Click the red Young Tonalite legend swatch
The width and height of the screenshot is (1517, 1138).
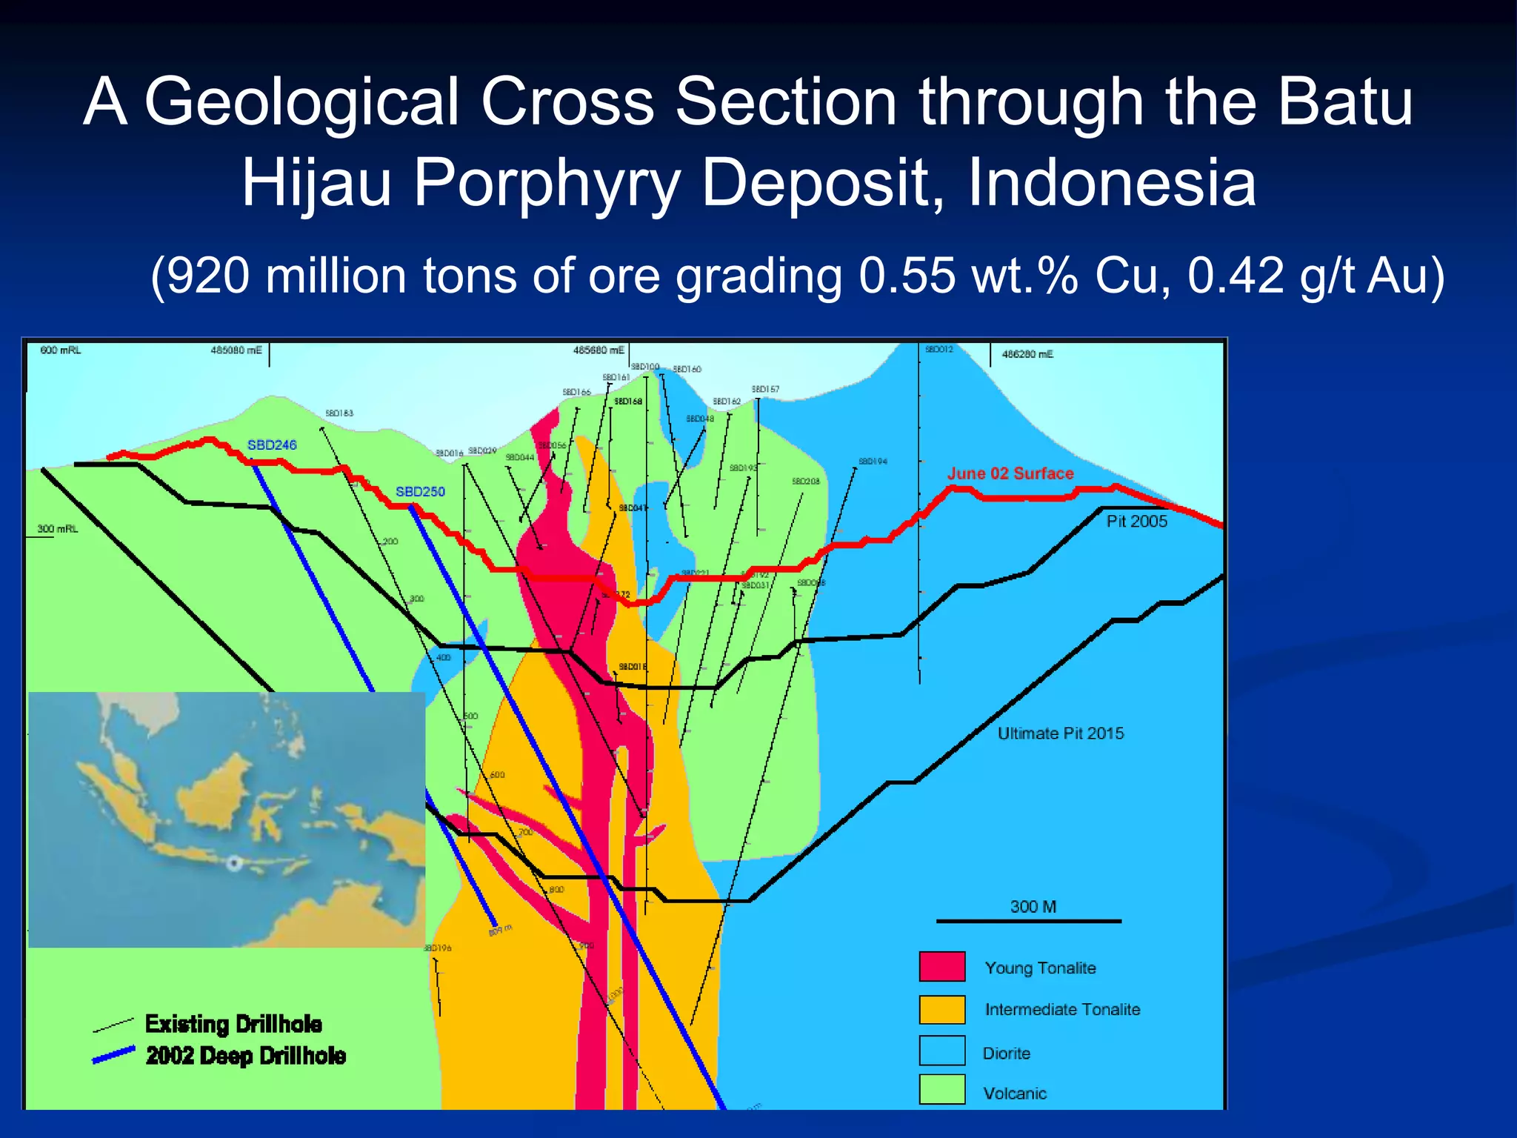[x=942, y=966]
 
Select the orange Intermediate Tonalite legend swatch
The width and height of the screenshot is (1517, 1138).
[x=942, y=1009]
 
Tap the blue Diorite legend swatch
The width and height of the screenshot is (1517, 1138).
[x=942, y=1051]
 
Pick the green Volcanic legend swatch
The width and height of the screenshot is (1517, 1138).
[x=942, y=1090]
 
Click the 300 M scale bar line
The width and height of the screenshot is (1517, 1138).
[x=1029, y=921]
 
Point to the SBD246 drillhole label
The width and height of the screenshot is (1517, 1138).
[x=272, y=445]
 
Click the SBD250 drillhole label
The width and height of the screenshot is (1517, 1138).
[x=420, y=492]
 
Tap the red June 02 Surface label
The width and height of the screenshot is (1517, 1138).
[x=1010, y=473]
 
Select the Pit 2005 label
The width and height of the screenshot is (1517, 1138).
[x=1136, y=522]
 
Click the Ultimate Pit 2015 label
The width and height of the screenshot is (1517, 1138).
[x=1060, y=733]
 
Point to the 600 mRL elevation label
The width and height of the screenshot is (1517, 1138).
[x=60, y=350]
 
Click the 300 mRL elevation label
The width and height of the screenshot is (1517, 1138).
[x=57, y=529]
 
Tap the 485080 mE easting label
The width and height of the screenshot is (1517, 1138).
[x=236, y=350]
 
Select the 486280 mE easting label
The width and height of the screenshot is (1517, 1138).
[x=1027, y=355]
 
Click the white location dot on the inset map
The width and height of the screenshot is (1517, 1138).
[x=234, y=863]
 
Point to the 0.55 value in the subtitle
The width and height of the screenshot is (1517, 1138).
[x=907, y=276]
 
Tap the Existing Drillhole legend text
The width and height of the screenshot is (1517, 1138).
[x=233, y=1024]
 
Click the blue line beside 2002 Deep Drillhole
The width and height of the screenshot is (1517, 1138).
[x=113, y=1055]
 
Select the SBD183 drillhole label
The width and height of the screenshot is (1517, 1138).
[x=339, y=413]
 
